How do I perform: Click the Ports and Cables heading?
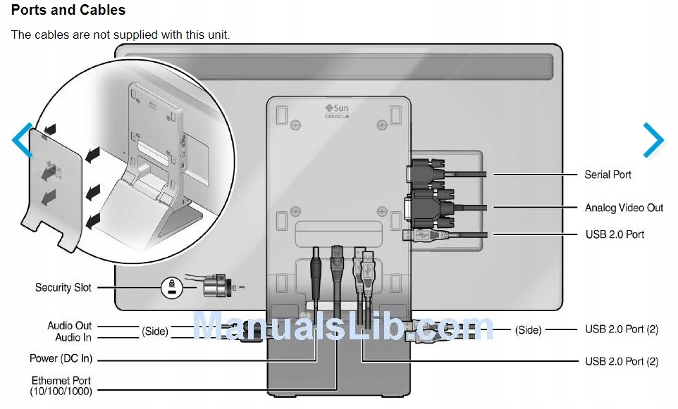click(x=68, y=11)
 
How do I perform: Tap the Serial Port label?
click(x=608, y=175)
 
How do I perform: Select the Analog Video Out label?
click(x=624, y=208)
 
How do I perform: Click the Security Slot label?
click(x=63, y=287)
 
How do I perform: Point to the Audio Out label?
click(x=69, y=326)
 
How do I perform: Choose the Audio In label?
click(x=73, y=338)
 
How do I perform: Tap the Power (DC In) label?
click(x=61, y=359)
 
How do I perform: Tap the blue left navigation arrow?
click(x=23, y=141)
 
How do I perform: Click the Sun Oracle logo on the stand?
click(x=337, y=111)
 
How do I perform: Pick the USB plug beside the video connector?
click(x=424, y=235)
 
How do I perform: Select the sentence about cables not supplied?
click(x=121, y=34)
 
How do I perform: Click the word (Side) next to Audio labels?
click(x=155, y=331)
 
